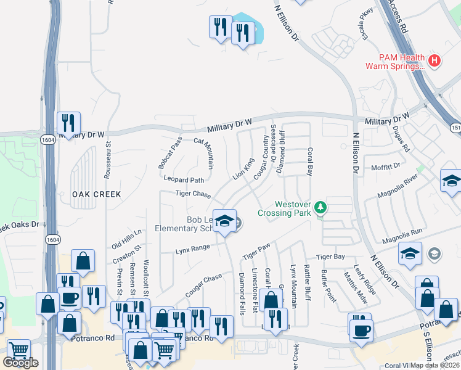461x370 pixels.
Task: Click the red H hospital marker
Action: click(435, 60)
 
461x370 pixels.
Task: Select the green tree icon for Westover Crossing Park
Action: click(320, 207)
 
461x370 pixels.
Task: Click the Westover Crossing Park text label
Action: click(293, 208)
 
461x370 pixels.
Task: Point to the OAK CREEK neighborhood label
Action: click(96, 194)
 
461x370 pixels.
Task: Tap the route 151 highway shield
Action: click(455, 128)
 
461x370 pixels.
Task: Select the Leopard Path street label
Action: click(184, 180)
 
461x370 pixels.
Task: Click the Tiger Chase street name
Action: click(193, 194)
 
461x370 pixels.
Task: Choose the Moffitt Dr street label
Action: click(386, 165)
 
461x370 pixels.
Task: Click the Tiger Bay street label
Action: click(330, 257)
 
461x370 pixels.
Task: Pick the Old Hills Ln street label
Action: click(127, 239)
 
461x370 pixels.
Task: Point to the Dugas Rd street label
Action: click(401, 140)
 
